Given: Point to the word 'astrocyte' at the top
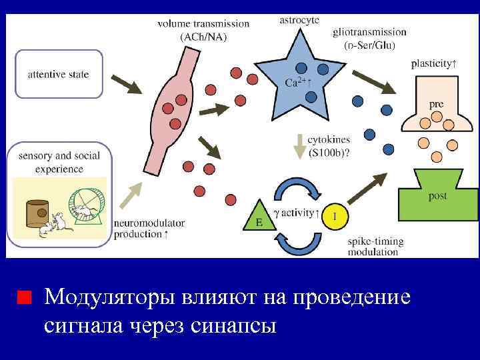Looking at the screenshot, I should click(x=298, y=20).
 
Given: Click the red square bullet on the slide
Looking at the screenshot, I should click(x=24, y=296).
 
